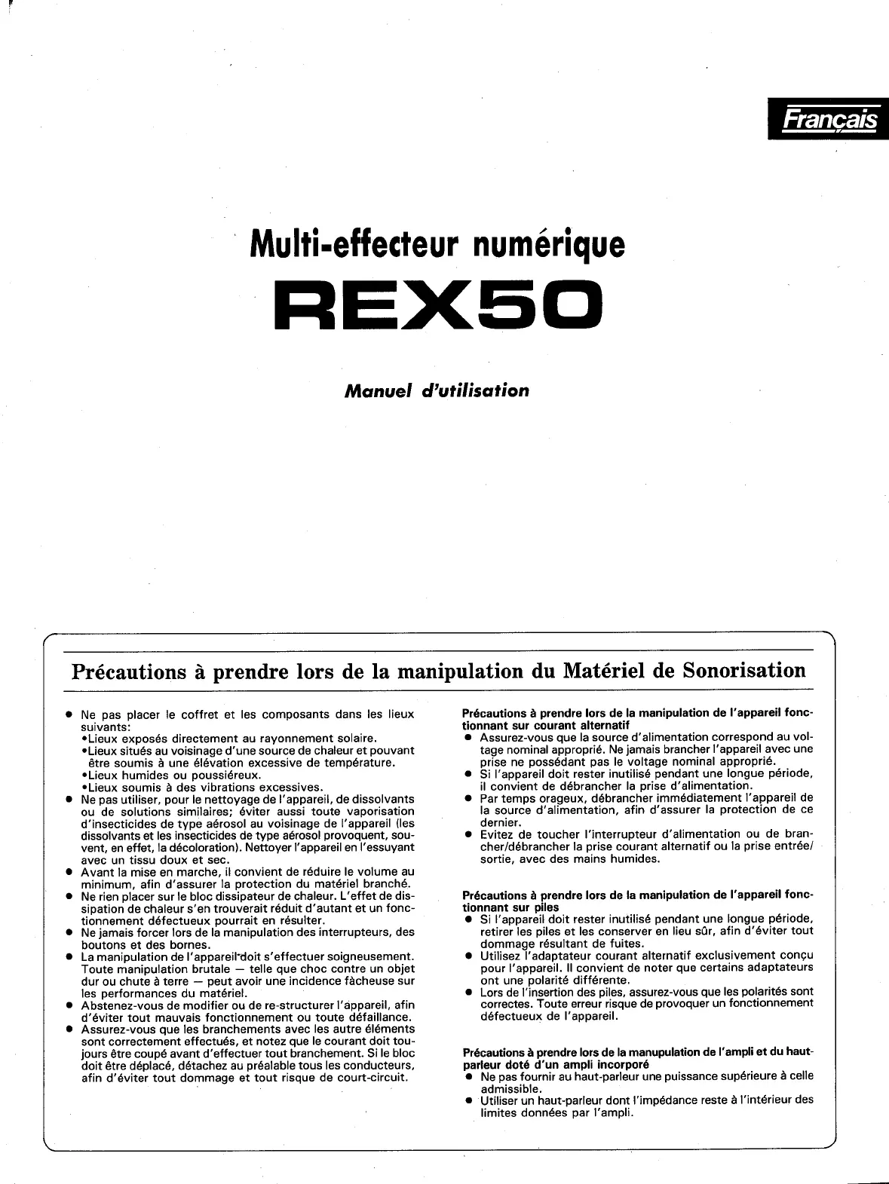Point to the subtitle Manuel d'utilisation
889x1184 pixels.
tap(437, 390)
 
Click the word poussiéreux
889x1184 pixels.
tap(226, 775)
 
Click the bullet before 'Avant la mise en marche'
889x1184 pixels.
tap(69, 872)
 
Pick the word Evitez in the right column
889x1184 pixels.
tap(497, 834)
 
